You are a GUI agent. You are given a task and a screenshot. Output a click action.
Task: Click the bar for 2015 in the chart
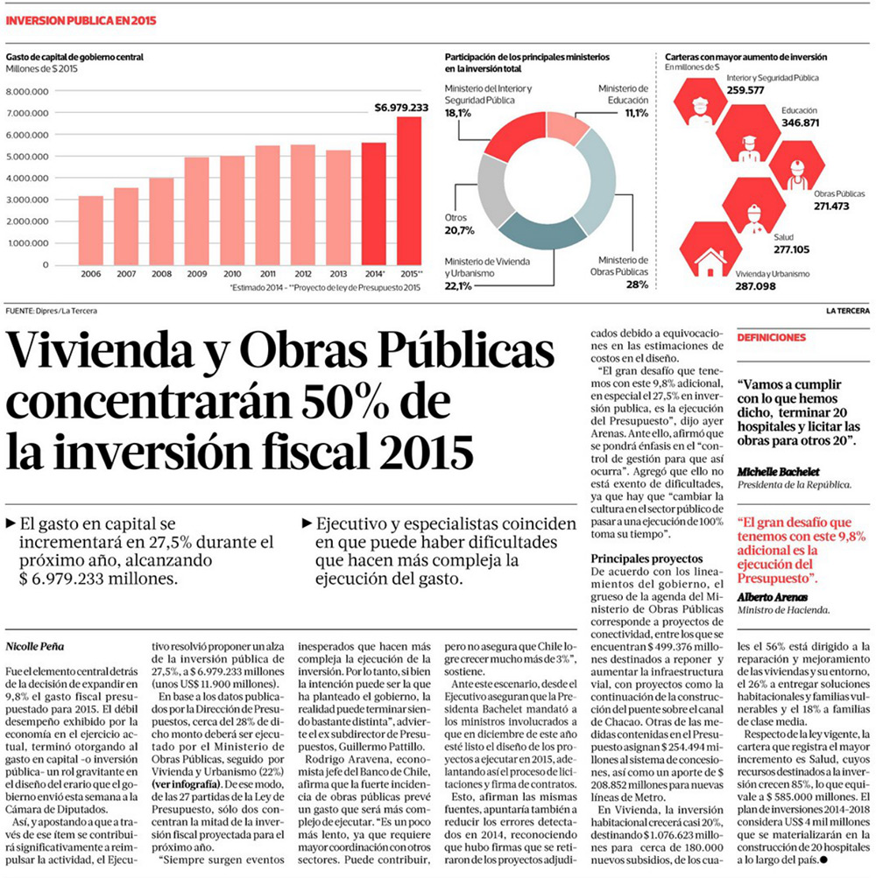coord(409,191)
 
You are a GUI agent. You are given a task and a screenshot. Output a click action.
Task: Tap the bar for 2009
coord(196,211)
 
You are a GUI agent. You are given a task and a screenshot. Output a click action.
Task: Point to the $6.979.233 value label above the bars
coord(400,108)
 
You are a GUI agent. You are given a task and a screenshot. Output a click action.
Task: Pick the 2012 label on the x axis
coord(302,274)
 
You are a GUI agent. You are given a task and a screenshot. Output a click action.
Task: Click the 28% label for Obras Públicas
coord(637,284)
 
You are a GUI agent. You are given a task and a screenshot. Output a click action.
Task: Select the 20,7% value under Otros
coord(459,230)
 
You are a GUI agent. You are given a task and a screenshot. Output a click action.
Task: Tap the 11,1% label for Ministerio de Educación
coord(636,113)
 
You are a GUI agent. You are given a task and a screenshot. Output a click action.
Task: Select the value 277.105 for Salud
coord(792,249)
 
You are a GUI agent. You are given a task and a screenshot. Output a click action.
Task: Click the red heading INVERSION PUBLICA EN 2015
coord(81,20)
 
